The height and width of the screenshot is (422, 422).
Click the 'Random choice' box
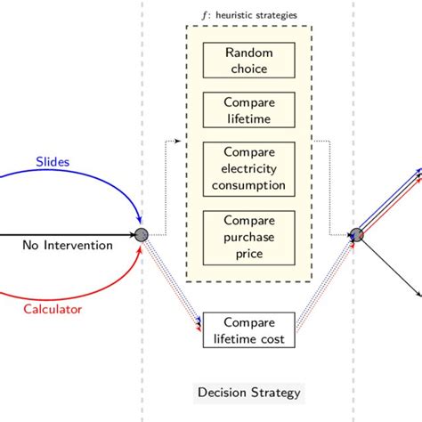(248, 61)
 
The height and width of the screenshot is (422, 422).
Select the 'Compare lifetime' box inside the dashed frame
(248, 111)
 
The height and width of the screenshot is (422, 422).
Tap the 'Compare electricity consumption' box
(248, 168)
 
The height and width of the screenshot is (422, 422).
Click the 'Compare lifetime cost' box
(248, 329)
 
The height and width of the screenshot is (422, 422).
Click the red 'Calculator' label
(52, 309)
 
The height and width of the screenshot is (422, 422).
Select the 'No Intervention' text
(68, 245)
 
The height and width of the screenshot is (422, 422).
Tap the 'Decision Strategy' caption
(248, 393)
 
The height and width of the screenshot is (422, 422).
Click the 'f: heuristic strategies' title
(248, 16)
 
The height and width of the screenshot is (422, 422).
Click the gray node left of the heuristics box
(140, 235)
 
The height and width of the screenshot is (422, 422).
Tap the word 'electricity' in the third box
(248, 168)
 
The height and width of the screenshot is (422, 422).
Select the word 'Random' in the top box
(248, 53)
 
